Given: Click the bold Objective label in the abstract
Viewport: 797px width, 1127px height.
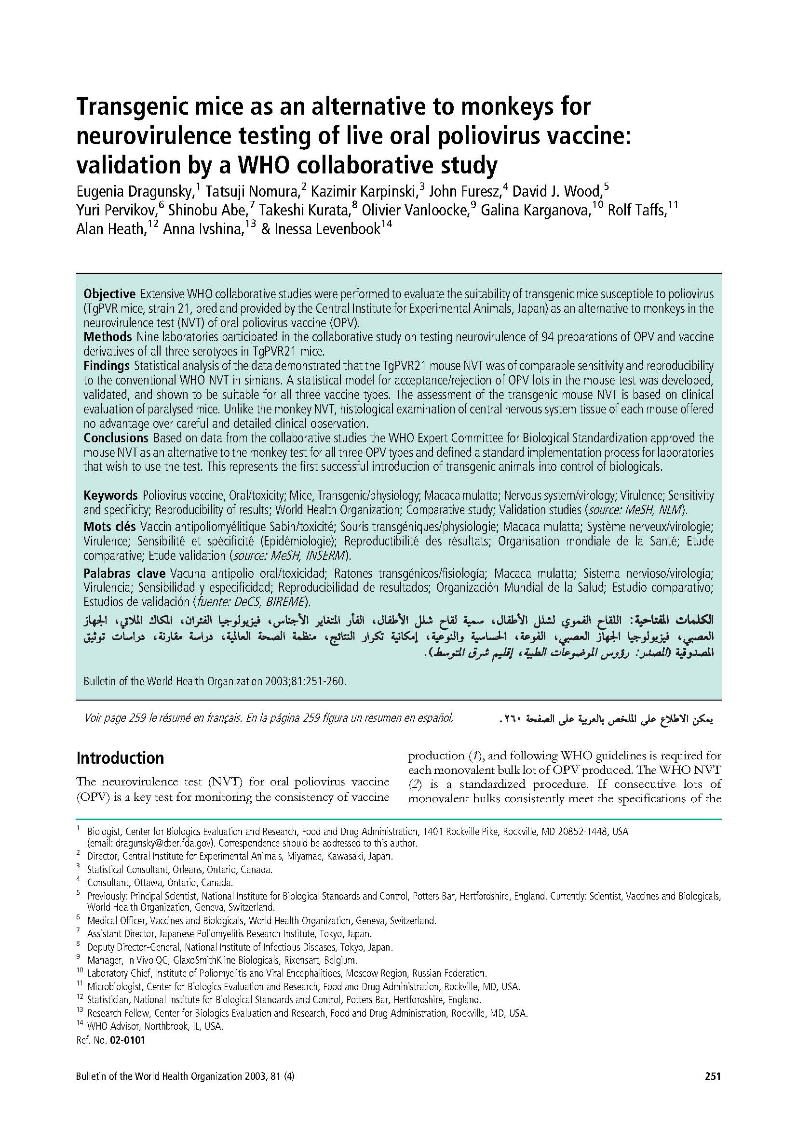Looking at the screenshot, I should click(109, 294).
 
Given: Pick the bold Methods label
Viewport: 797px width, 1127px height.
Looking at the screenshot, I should click(108, 337).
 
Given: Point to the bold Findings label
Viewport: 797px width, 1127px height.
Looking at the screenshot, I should click(106, 366).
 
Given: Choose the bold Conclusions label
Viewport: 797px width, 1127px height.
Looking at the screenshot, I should click(116, 438).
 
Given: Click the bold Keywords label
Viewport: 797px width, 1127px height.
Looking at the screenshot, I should click(110, 495).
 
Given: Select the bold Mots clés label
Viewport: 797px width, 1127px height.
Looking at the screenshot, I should click(109, 527).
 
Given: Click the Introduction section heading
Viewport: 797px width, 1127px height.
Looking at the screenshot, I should click(120, 758).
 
